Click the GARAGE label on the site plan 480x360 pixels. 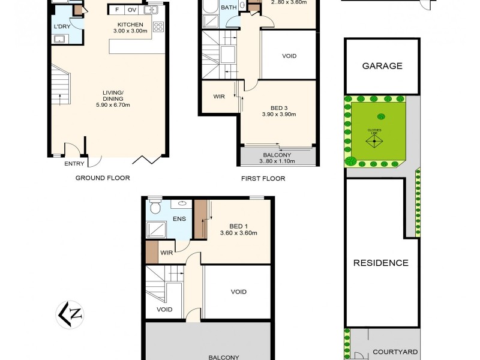click(x=382, y=66)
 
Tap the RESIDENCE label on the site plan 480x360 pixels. click(x=380, y=263)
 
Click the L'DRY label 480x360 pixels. click(x=61, y=27)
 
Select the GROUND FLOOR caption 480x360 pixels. click(x=103, y=178)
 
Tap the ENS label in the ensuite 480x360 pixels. click(x=179, y=219)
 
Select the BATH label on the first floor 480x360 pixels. click(x=229, y=8)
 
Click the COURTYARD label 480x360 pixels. click(x=395, y=352)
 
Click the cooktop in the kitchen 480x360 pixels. click(x=158, y=27)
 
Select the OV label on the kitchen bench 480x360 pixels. click(x=131, y=10)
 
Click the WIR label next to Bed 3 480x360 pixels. click(x=219, y=96)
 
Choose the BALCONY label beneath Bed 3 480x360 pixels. click(x=277, y=154)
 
